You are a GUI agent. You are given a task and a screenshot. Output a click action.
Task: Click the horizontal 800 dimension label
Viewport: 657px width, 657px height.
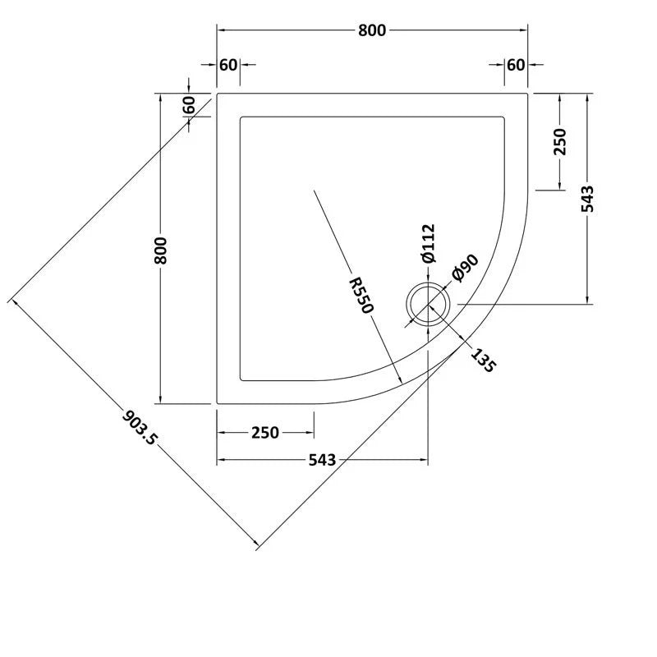click(x=371, y=30)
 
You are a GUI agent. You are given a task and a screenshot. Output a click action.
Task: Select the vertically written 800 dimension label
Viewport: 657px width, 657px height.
click(x=162, y=250)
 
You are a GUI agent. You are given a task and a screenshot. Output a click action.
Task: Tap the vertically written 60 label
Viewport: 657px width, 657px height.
click(x=189, y=107)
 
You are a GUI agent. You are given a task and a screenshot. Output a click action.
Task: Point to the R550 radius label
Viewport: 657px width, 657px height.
click(x=361, y=294)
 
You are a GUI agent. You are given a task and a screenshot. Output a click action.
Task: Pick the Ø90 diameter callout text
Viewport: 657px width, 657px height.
click(x=465, y=269)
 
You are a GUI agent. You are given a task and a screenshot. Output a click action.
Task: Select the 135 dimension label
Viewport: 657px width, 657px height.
click(x=483, y=361)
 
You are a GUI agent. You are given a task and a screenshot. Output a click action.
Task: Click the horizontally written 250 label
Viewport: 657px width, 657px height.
click(x=264, y=433)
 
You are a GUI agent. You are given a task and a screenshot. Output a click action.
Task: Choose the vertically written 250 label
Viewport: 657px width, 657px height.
click(x=560, y=142)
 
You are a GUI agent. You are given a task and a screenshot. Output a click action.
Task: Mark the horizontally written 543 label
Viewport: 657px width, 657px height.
click(x=323, y=461)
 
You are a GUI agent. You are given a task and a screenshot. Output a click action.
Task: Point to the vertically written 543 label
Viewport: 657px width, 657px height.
click(x=587, y=199)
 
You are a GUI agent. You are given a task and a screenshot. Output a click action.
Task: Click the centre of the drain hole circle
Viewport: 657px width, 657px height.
click(x=428, y=304)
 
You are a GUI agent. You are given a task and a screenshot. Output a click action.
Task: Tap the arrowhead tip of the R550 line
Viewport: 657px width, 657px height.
click(x=401, y=384)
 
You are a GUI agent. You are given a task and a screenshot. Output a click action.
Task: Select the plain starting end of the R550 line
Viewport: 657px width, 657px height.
click(x=314, y=191)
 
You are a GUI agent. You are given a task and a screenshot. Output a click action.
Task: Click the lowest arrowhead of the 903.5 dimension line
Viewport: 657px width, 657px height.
click(x=260, y=545)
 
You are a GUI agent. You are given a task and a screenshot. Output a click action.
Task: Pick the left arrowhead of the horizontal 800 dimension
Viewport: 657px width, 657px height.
click(x=218, y=30)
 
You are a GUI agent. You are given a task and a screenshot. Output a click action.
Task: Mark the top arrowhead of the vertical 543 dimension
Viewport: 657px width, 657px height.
click(x=587, y=95)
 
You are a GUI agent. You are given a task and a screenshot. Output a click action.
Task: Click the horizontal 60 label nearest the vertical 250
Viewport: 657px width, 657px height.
click(x=515, y=65)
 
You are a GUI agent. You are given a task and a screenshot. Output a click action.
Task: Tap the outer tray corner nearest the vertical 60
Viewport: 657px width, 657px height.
click(x=217, y=94)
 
